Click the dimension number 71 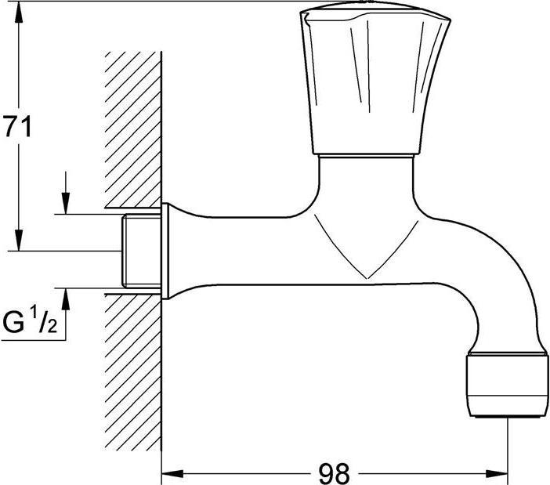16,126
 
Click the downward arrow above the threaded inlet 67,203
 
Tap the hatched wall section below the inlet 133,376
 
